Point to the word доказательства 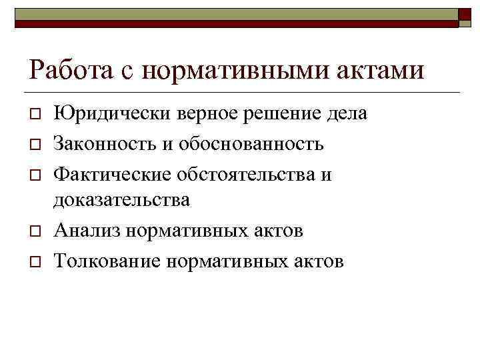[x=122, y=199]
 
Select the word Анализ [x=87, y=231]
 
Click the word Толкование [x=107, y=261]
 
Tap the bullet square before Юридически [x=35, y=115]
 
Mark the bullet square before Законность [x=35, y=144]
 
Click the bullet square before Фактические [x=35, y=175]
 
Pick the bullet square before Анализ [x=35, y=231]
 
